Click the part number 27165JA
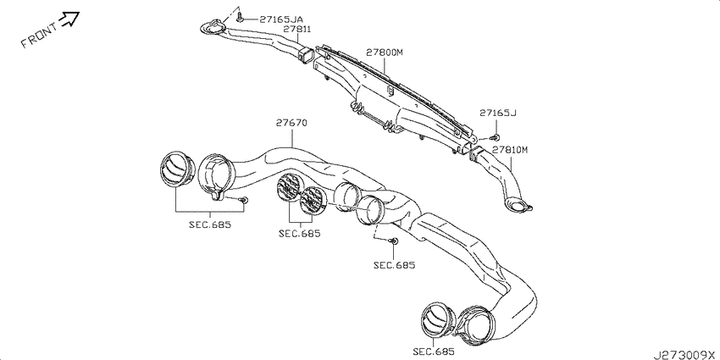pyautogui.click(x=281, y=19)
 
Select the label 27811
pyautogui.click(x=297, y=29)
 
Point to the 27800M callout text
pyautogui.click(x=385, y=53)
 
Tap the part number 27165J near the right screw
pyautogui.click(x=498, y=113)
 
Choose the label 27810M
pyautogui.click(x=511, y=150)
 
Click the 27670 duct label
pyautogui.click(x=291, y=123)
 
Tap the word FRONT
pyautogui.click(x=40, y=36)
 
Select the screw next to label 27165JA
pyautogui.click(x=241, y=19)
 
